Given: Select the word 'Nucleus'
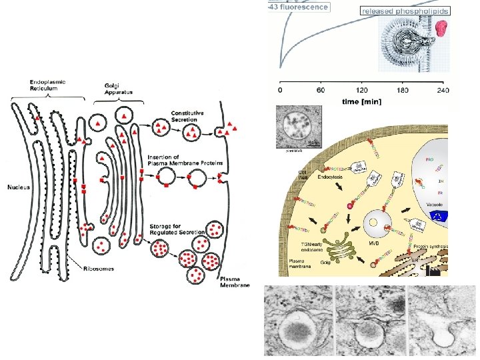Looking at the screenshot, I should pos(19,187).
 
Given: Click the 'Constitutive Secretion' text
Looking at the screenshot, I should pos(191,117).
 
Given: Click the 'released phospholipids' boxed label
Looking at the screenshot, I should pos(405,11).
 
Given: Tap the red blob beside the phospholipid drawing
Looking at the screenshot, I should pos(441,27).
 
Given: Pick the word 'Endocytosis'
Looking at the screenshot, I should pos(330,178).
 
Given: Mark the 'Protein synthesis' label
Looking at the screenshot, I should pos(427,246).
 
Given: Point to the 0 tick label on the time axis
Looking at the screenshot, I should pos(280,91).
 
